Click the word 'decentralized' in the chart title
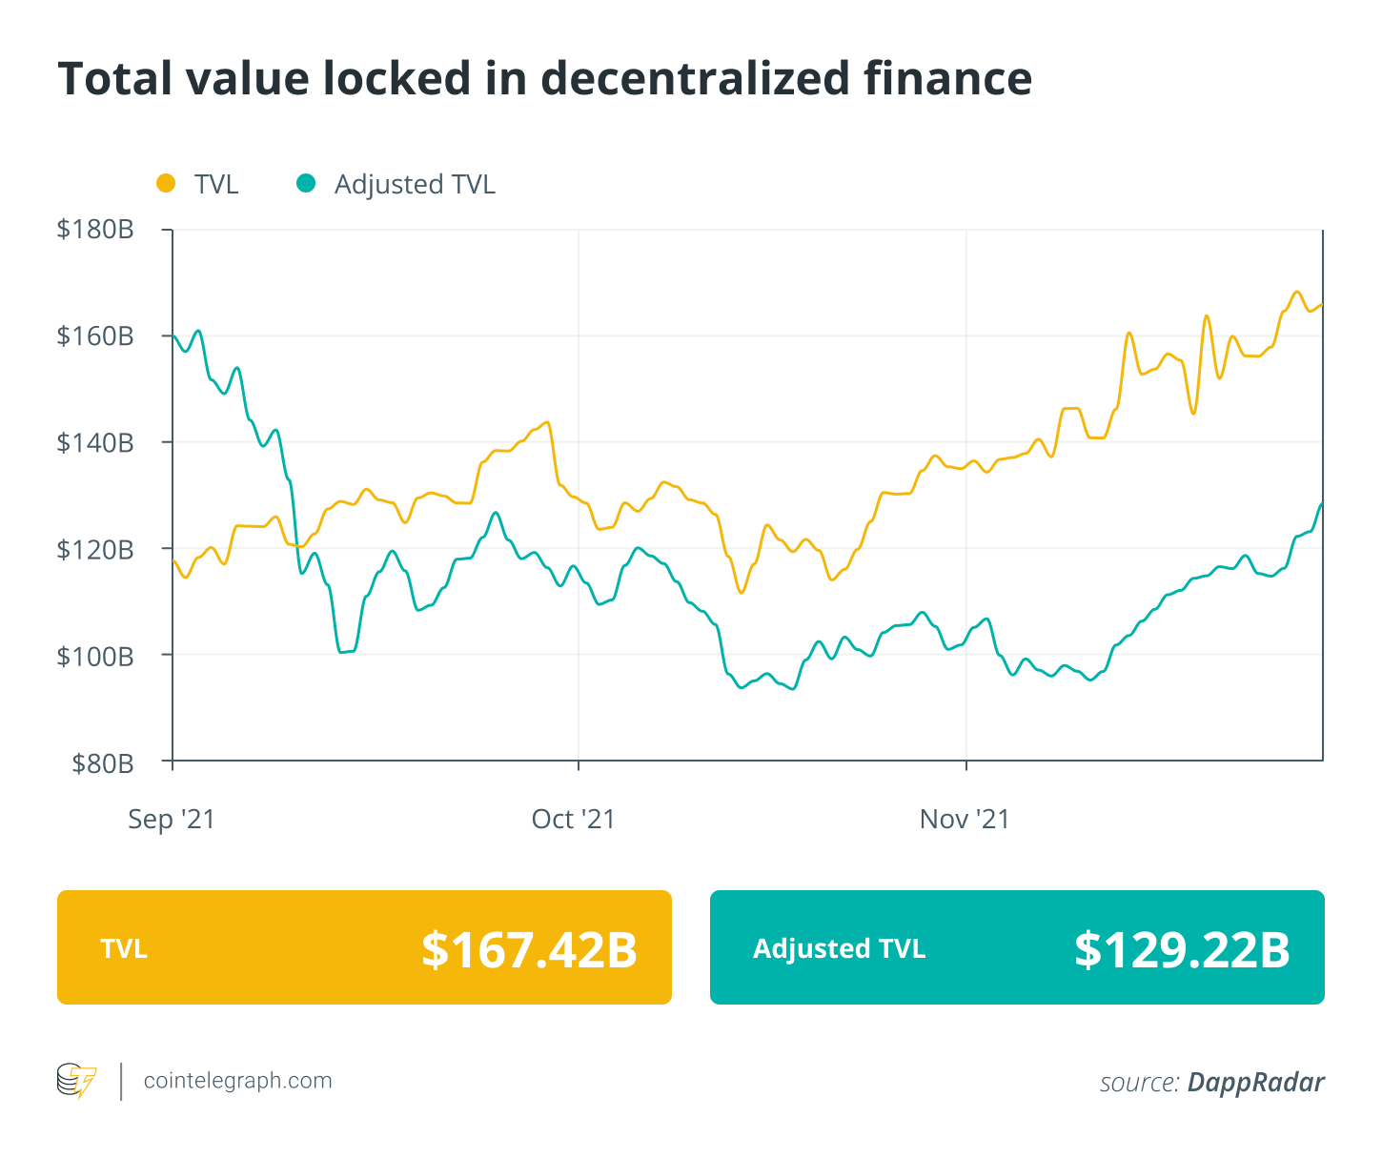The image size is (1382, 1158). pyautogui.click(x=695, y=78)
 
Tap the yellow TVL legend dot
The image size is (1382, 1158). pyautogui.click(x=166, y=183)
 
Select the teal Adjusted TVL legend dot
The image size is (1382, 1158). pyautogui.click(x=306, y=183)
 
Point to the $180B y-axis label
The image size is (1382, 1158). pyautogui.click(x=94, y=230)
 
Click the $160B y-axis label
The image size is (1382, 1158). pyautogui.click(x=94, y=336)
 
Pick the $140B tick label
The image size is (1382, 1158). pyautogui.click(x=94, y=443)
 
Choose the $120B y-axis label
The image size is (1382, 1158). pyautogui.click(x=94, y=550)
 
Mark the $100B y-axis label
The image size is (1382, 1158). pyautogui.click(x=94, y=657)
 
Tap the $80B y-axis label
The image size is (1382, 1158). pyautogui.click(x=102, y=763)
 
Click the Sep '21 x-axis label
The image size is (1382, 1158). pyautogui.click(x=172, y=820)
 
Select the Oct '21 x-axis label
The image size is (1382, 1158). pyautogui.click(x=574, y=820)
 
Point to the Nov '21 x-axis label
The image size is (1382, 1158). pyautogui.click(x=965, y=820)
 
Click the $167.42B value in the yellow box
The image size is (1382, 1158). pyautogui.click(x=529, y=949)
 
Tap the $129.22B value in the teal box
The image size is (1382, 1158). pyautogui.click(x=1182, y=949)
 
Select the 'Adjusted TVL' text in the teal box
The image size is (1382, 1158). pyautogui.click(x=839, y=949)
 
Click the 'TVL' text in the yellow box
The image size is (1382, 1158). pyautogui.click(x=124, y=949)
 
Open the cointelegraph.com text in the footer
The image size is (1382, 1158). pyautogui.click(x=237, y=1081)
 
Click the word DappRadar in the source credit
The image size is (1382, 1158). pyautogui.click(x=1255, y=1083)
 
